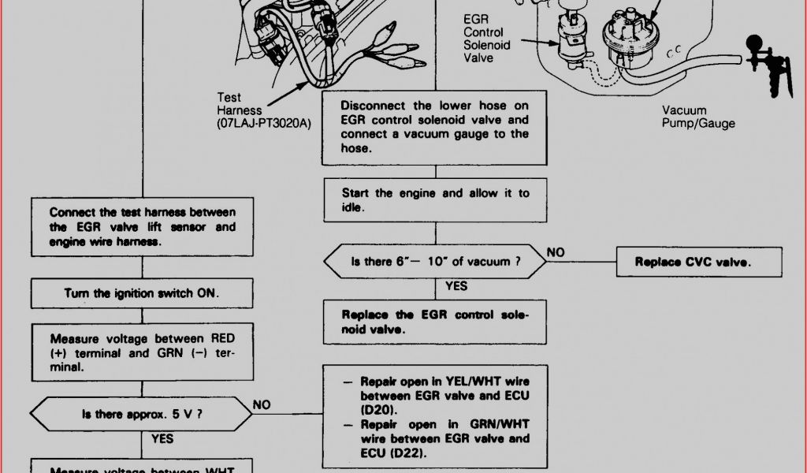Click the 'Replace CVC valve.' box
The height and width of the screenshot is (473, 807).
tap(699, 262)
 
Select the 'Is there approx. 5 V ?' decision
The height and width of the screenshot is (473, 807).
tap(142, 413)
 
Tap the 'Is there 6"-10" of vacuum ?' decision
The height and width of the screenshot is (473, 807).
tap(436, 262)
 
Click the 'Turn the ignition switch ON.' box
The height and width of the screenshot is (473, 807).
tap(142, 293)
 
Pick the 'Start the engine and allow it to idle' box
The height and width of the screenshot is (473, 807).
tap(435, 200)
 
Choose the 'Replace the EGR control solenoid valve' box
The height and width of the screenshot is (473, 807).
tap(435, 322)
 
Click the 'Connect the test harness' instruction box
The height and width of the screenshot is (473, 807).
tap(142, 227)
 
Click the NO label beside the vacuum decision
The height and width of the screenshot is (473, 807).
tap(556, 252)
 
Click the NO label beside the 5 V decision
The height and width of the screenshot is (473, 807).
tap(262, 404)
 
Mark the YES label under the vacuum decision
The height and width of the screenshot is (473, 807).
tap(456, 286)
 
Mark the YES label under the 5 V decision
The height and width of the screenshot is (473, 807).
tap(162, 438)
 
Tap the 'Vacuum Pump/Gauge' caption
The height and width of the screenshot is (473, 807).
tap(698, 117)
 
